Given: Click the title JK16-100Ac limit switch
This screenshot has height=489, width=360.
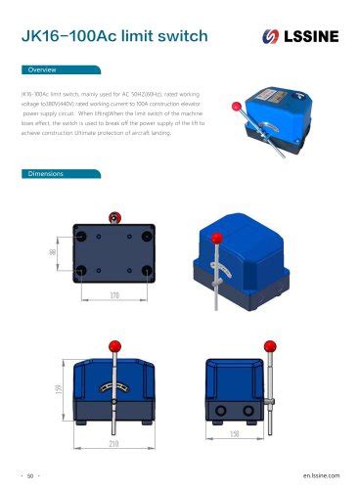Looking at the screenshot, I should click(115, 36).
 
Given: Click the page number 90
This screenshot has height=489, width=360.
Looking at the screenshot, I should click(30, 474).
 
